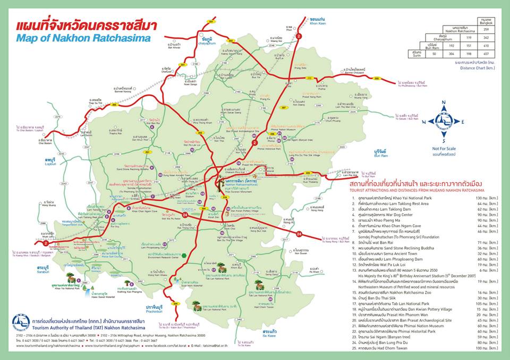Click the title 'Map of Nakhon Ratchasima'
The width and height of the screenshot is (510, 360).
pos(83,38)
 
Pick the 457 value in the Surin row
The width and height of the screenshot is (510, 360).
pos(483,54)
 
